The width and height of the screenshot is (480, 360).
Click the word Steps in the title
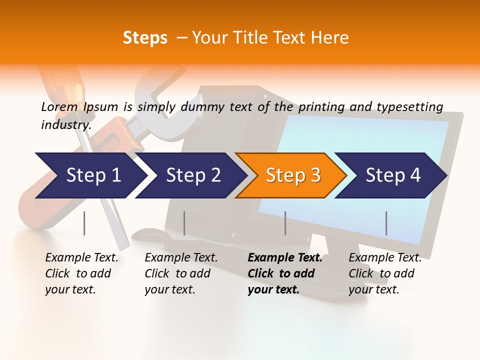pos(145,38)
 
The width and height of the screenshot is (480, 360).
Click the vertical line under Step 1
pos(84,223)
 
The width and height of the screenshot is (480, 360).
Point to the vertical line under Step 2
pos(184,223)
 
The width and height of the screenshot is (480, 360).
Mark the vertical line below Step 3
pos(285,223)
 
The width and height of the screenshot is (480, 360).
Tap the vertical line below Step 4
pos(386,223)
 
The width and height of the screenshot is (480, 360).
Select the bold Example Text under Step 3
pos(285,273)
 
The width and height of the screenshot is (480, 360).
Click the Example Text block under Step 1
pos(81,273)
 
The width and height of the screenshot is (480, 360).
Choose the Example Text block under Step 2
pos(181,273)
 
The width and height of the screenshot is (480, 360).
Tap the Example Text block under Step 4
pos(385,273)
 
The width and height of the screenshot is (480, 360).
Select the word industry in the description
pos(65,125)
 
